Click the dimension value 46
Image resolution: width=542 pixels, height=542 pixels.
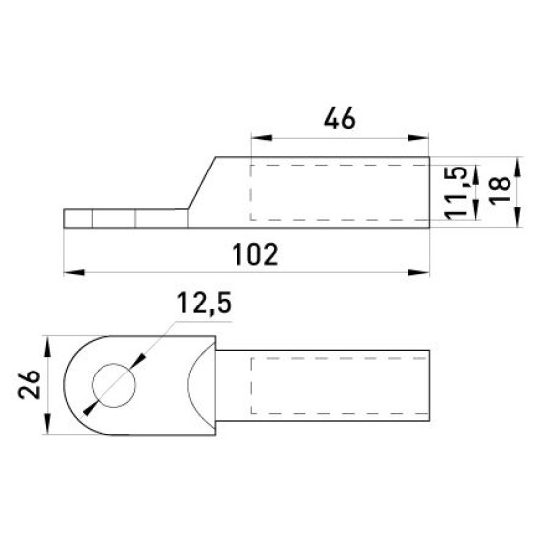(x=339, y=118)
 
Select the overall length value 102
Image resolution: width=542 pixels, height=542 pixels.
(x=255, y=255)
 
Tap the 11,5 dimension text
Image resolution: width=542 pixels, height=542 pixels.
(x=456, y=193)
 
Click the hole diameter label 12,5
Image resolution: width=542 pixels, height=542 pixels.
(x=204, y=303)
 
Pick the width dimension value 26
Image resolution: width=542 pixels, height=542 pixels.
(x=30, y=384)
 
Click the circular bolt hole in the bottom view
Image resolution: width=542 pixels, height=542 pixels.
(x=113, y=385)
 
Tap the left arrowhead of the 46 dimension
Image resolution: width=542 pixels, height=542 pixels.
(x=261, y=138)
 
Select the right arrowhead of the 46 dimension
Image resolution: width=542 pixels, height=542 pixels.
(x=418, y=138)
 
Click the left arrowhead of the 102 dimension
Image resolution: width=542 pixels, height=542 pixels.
(x=74, y=272)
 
